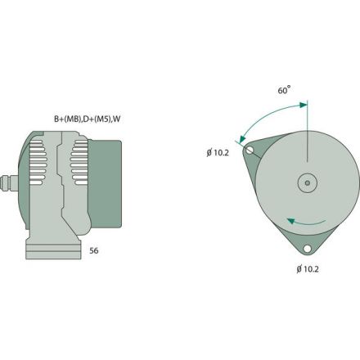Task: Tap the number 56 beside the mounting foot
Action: (94, 251)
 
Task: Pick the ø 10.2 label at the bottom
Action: (307, 268)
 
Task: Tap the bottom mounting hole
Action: (307, 249)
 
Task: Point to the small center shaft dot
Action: (307, 183)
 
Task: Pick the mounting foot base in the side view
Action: (54, 250)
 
